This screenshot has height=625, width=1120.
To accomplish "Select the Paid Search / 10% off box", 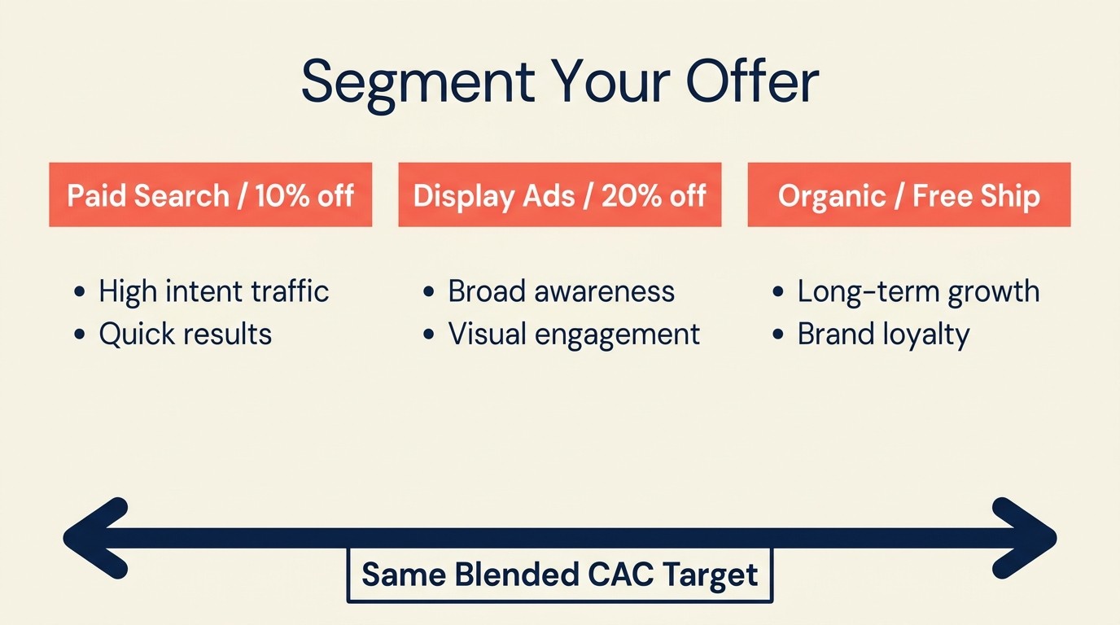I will (x=210, y=195).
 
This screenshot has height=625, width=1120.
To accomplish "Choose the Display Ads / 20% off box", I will (x=559, y=195).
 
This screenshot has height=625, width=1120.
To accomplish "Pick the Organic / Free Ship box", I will (x=908, y=195).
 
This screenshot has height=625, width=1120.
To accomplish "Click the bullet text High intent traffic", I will (x=213, y=291).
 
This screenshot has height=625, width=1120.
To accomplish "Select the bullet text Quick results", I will (x=185, y=334).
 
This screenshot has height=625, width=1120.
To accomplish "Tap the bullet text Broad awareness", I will (x=561, y=291).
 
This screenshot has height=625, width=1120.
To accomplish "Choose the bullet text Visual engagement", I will (x=574, y=334).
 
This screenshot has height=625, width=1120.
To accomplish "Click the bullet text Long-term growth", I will (x=918, y=291).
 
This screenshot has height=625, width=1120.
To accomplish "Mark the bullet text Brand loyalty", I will (x=883, y=334).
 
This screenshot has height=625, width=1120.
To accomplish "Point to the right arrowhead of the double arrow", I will (x=1029, y=538).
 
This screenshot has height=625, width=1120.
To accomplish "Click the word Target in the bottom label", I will (x=710, y=575).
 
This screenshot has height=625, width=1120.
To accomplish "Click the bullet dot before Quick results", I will (x=79, y=334).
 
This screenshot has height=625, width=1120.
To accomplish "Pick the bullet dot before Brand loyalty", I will (x=778, y=334).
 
